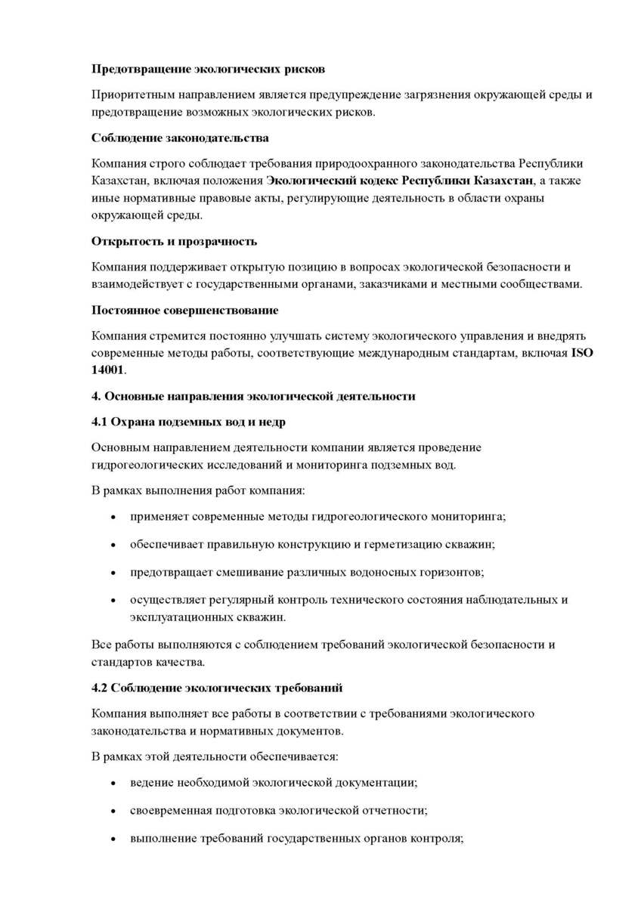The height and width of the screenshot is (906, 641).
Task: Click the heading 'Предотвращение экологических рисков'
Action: coord(208,69)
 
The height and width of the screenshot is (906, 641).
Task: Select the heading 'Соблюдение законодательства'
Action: coord(180,138)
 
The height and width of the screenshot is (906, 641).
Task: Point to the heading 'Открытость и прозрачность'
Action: coord(174,241)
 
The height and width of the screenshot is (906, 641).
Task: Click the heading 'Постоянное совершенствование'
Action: coord(185,310)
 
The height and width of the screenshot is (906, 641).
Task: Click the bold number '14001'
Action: coord(107,370)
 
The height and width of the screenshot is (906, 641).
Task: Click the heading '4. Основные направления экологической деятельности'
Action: coord(253,396)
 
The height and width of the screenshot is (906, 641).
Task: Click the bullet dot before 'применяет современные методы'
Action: coord(113,518)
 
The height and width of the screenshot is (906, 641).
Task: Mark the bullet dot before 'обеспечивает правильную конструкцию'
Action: coord(113,544)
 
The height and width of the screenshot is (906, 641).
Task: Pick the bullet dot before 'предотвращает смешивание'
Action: coord(113,571)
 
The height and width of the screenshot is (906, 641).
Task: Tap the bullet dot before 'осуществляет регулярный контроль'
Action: coord(113,600)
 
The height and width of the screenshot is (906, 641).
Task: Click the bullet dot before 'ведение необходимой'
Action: coord(113,782)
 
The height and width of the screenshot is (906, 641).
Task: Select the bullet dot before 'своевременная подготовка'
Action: coord(113,811)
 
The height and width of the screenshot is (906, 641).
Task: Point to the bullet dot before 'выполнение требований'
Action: coord(113,839)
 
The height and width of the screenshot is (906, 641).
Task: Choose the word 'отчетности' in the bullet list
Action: coord(392,811)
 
